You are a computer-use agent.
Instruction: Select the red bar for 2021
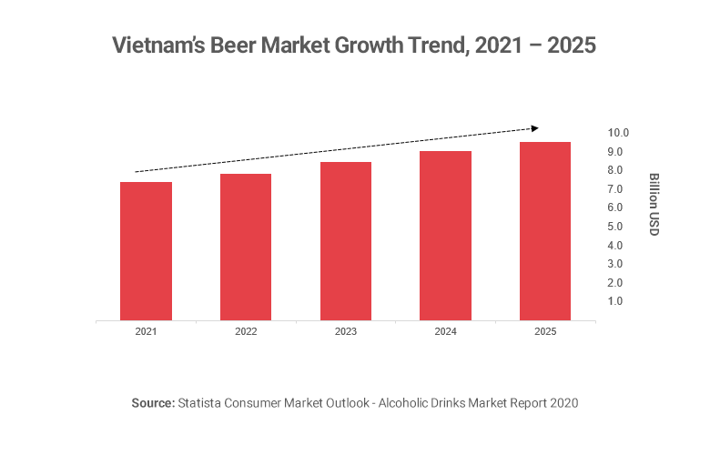(146, 251)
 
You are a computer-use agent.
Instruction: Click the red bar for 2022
(246, 247)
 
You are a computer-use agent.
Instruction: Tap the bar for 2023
(346, 241)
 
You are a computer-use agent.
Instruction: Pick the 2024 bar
(445, 236)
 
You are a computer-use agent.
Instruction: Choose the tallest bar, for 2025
(544, 231)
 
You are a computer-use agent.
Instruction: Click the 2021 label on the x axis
(146, 333)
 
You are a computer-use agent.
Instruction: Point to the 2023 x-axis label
(346, 333)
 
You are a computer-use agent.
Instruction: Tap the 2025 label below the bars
(544, 333)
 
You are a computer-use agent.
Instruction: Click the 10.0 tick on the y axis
(618, 134)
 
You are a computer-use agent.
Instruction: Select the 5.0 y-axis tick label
(615, 227)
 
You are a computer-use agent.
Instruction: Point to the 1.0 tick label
(615, 301)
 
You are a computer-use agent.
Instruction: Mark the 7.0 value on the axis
(615, 189)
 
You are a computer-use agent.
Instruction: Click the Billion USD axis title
(654, 204)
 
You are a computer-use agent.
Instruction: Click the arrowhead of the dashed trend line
(534, 127)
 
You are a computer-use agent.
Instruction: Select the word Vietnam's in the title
(155, 45)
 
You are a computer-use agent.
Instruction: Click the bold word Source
(152, 401)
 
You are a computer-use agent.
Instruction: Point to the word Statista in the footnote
(201, 401)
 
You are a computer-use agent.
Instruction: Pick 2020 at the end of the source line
(563, 401)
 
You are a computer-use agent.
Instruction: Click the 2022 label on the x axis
(246, 333)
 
